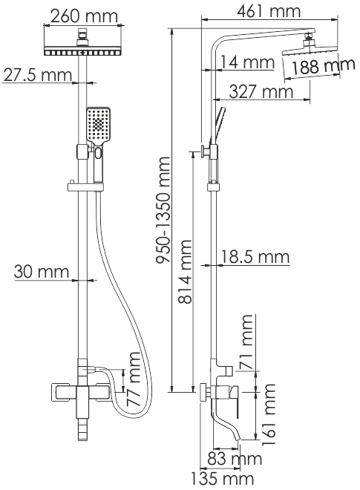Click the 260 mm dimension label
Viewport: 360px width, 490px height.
84,16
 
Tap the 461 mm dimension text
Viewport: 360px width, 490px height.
269,11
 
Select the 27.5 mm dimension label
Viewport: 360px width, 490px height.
38,75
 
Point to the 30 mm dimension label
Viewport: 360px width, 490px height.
42,271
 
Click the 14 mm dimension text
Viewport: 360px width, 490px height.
248,62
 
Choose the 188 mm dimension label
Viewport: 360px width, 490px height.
322,66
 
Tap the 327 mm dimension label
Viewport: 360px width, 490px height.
261,92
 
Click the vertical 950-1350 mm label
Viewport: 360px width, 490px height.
163,210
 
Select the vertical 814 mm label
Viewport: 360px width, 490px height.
185,272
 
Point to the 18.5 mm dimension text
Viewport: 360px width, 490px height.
255,257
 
